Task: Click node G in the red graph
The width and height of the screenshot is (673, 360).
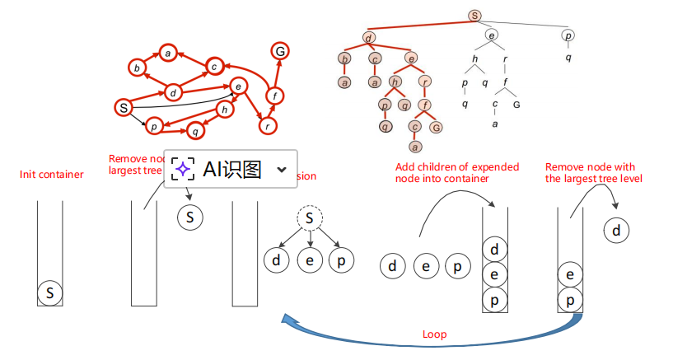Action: coord(280,51)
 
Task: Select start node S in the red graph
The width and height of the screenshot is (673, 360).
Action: coord(123,107)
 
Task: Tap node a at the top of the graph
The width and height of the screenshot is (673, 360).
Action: coord(167,54)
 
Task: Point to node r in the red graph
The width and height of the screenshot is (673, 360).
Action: coord(267,126)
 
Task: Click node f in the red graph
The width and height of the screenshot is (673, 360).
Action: coord(274,96)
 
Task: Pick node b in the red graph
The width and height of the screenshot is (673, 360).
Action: coord(136,68)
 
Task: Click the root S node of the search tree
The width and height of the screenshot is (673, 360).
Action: coord(474,15)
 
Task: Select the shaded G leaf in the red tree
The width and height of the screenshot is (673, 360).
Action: coord(436,127)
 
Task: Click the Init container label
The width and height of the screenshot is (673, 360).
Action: coord(51,175)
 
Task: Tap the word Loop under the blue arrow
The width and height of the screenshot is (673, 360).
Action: coord(434,335)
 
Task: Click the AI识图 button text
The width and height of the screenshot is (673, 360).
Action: coord(232,170)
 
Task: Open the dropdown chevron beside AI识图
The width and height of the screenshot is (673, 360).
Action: coord(282,170)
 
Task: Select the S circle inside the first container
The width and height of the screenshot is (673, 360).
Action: coord(50,292)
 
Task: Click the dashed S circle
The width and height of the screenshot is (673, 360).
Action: coord(309,218)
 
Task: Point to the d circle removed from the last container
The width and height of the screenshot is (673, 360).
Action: coord(616,230)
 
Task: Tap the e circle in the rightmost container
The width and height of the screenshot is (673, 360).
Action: coord(570,274)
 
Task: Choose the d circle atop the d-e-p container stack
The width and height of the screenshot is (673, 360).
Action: coord(494,249)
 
